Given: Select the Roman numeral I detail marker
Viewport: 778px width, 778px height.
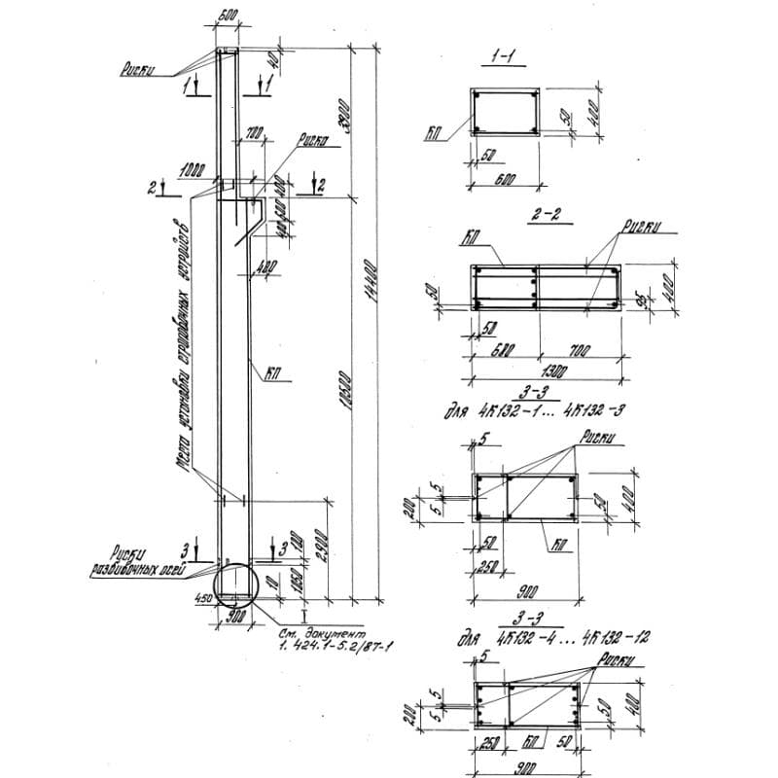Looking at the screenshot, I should pyautogui.click(x=304, y=615).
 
